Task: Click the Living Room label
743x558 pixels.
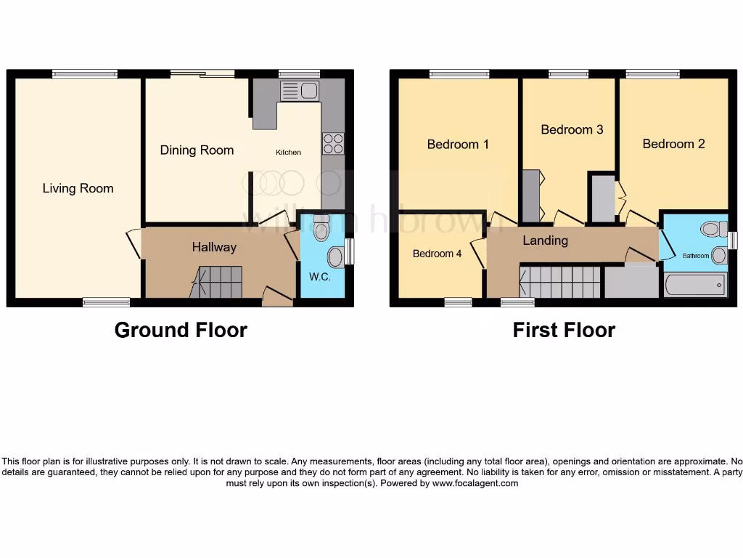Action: (x=78, y=189)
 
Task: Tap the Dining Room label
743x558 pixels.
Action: (x=197, y=150)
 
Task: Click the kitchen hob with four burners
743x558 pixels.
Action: (x=333, y=143)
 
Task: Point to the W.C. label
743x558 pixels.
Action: (x=320, y=277)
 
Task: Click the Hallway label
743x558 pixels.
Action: (x=214, y=247)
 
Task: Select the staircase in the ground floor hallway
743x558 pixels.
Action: (x=217, y=282)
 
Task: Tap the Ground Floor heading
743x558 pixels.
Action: (x=181, y=330)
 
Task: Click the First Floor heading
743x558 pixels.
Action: (x=564, y=330)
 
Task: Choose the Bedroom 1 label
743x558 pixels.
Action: (x=458, y=144)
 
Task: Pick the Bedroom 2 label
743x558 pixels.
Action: (x=673, y=144)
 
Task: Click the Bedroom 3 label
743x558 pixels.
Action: (x=572, y=129)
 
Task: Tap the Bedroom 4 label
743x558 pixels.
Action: (x=437, y=254)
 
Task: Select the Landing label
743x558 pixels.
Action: (x=545, y=240)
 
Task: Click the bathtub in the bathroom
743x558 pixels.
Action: (x=694, y=285)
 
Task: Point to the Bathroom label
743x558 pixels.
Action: (x=696, y=256)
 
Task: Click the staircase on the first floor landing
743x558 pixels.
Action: (x=559, y=282)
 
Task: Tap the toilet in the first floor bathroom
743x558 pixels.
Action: (x=713, y=230)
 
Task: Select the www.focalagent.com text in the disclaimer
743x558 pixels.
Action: (x=475, y=483)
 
